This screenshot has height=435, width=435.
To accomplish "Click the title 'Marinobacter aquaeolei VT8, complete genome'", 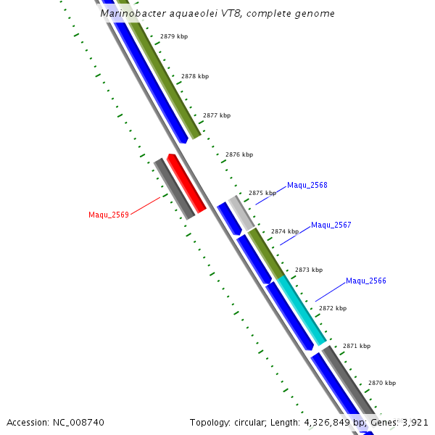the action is pos(217,14).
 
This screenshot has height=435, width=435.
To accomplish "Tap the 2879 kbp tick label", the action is pos(174,36).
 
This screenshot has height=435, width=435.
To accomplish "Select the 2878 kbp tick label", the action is pos(195,76).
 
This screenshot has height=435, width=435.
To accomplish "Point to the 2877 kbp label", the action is pos(217,115).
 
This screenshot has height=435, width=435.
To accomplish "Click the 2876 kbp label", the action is pos(239,154).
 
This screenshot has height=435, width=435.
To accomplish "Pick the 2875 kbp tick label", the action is pos(262,193).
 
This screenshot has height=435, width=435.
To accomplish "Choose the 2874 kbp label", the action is pos(285,231).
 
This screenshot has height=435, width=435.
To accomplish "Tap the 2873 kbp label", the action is pos(308,270).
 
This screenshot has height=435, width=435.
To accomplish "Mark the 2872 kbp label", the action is pos(333,308).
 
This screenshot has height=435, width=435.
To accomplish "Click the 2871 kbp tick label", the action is pos(357,346).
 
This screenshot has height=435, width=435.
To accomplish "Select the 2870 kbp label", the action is pos(382,383).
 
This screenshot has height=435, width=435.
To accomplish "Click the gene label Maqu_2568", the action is pos(307,185).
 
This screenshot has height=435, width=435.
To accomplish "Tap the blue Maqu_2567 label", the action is pos(331,225).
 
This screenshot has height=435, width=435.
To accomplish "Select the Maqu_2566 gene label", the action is pos(366,281).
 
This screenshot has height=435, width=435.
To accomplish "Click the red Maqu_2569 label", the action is pos(109,215).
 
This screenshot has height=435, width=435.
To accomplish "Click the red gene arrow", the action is pos(186,183).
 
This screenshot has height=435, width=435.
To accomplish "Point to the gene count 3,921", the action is pos(415,422).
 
